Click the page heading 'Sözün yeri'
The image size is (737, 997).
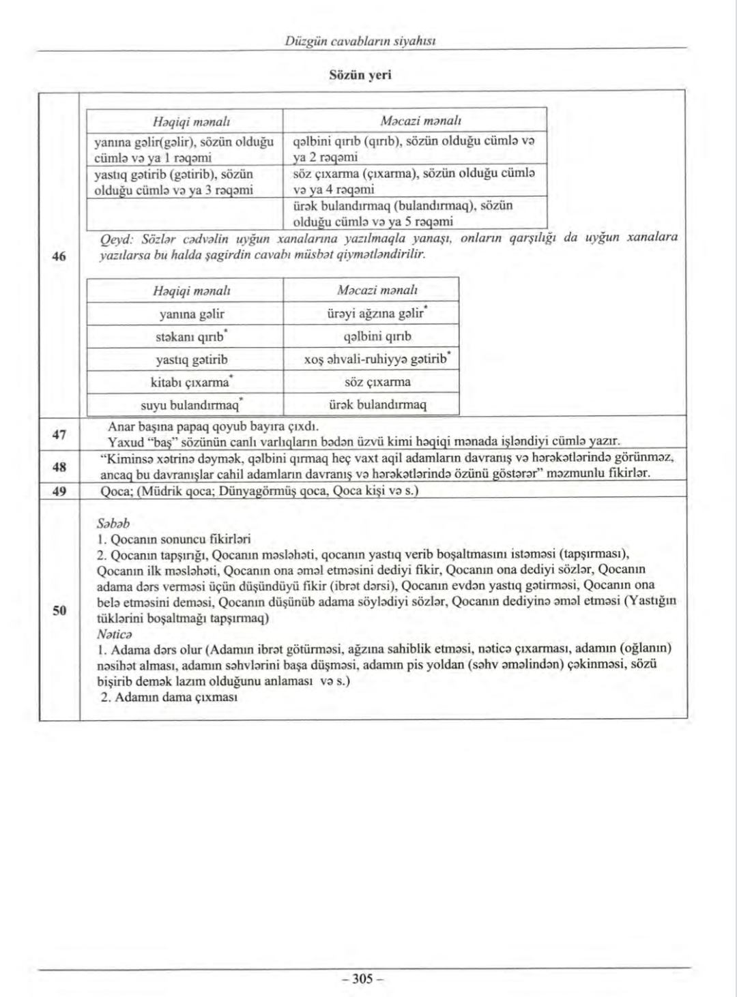360,75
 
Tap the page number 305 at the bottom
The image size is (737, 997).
362,979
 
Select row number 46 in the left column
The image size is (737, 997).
59,256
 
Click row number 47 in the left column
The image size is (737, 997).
59,434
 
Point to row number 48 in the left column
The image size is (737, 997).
59,467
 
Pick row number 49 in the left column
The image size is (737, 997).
59,490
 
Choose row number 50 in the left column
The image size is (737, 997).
59,610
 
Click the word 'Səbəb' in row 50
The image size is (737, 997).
113,524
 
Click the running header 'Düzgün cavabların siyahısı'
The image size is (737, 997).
360,42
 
